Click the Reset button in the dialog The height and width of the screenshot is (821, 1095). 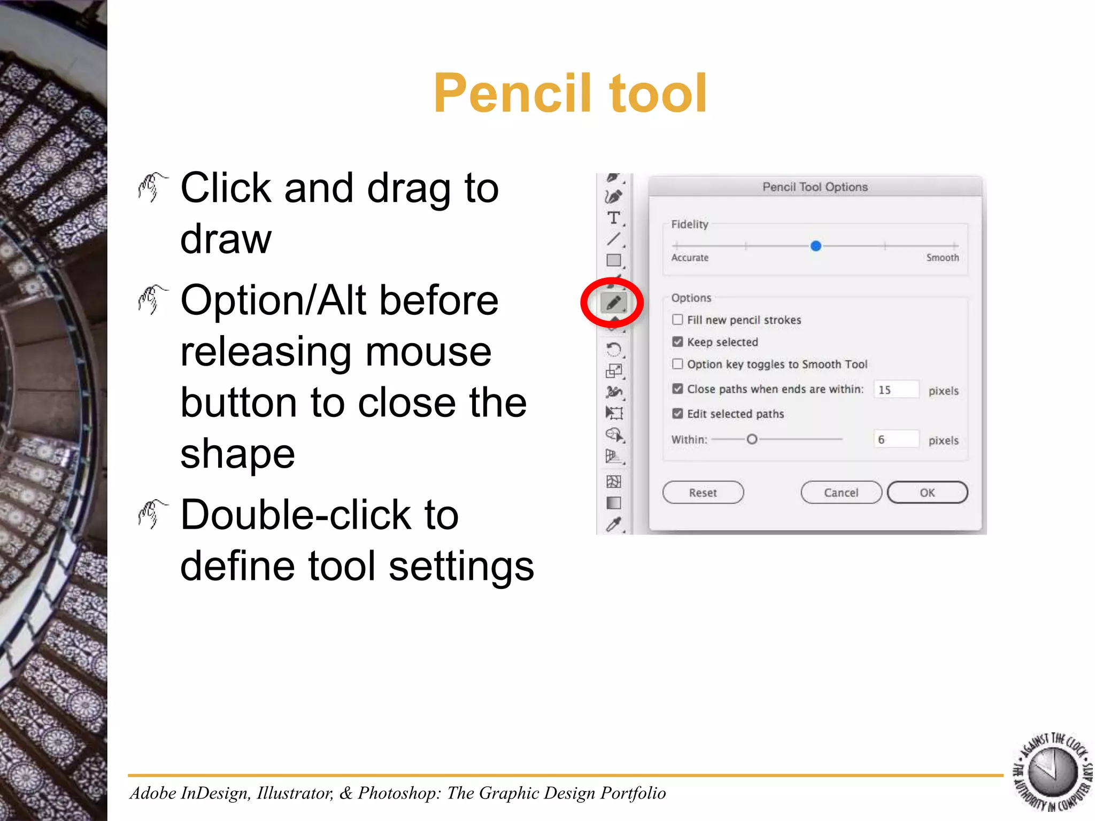(703, 492)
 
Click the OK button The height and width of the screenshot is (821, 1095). (927, 492)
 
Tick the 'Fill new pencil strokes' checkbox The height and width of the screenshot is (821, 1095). (677, 320)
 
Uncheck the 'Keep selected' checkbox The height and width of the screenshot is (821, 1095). (677, 342)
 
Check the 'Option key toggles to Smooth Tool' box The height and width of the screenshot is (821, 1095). (677, 364)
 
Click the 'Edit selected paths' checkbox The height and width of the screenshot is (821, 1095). (677, 414)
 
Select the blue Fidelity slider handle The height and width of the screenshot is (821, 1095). (815, 246)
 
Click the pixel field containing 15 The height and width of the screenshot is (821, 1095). (896, 390)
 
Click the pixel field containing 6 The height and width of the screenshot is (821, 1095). (896, 439)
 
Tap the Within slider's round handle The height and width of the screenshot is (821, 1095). (752, 439)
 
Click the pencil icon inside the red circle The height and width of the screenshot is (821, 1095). (613, 303)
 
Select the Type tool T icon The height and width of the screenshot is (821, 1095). (613, 218)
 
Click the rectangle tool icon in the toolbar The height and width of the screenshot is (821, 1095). (613, 260)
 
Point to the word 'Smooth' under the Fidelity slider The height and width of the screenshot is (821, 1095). (942, 258)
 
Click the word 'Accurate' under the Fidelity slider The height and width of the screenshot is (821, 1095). (690, 258)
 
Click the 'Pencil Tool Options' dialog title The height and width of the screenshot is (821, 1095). (815, 187)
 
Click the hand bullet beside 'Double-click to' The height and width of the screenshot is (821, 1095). (152, 514)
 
